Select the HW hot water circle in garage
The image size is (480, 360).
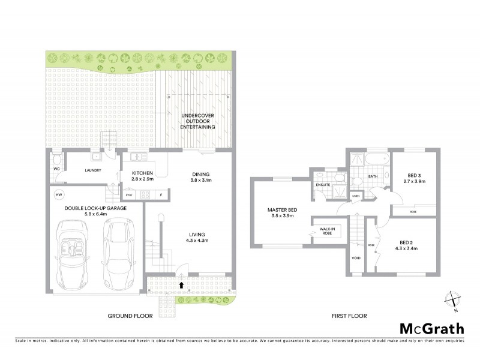point(59,195)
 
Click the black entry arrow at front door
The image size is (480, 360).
point(181,284)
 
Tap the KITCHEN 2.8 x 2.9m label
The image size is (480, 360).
point(143,176)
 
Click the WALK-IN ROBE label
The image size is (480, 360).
point(327,231)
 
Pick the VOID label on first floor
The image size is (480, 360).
point(356,259)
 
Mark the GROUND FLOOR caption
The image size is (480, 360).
point(130,316)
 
